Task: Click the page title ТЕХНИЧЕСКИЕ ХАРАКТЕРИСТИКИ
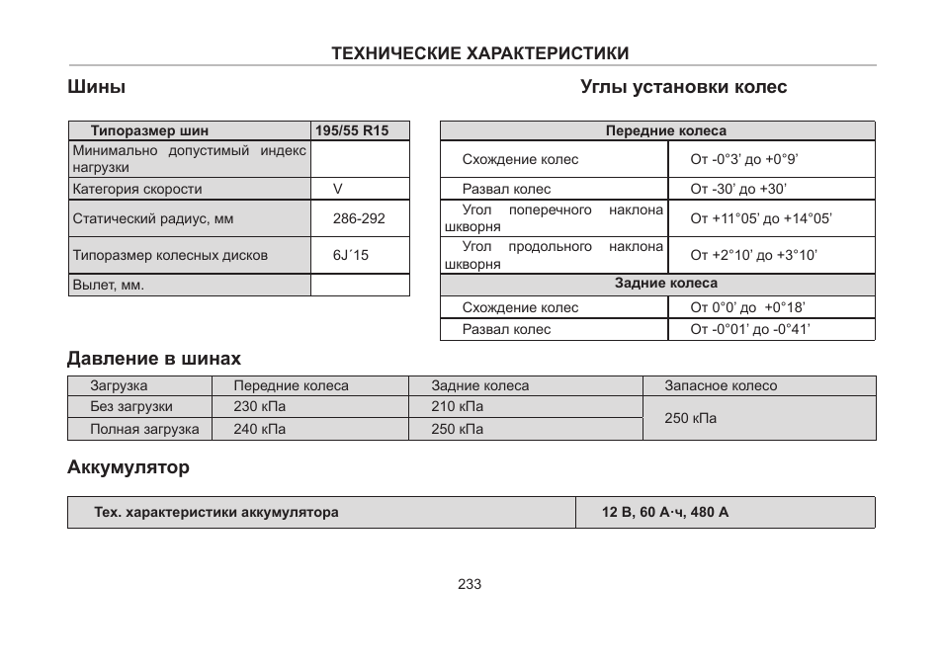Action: [x=480, y=53]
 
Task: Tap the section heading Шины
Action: [x=96, y=87]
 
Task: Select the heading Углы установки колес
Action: [x=683, y=87]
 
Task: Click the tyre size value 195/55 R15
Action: [x=352, y=130]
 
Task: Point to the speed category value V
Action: [x=337, y=189]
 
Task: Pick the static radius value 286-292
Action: [x=359, y=219]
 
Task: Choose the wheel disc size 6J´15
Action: [x=351, y=255]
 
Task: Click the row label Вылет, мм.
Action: [x=108, y=286]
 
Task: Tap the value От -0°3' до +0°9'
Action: [x=743, y=159]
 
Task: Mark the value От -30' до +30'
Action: [x=738, y=189]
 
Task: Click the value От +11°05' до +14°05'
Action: [x=761, y=219]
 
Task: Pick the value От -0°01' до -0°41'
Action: [x=750, y=329]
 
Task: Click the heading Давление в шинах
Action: [x=154, y=358]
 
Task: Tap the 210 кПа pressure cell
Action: [x=457, y=407]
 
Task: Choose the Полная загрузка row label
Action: [x=144, y=429]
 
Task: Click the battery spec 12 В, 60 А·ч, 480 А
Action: [x=665, y=513]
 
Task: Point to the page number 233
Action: [x=470, y=584]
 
